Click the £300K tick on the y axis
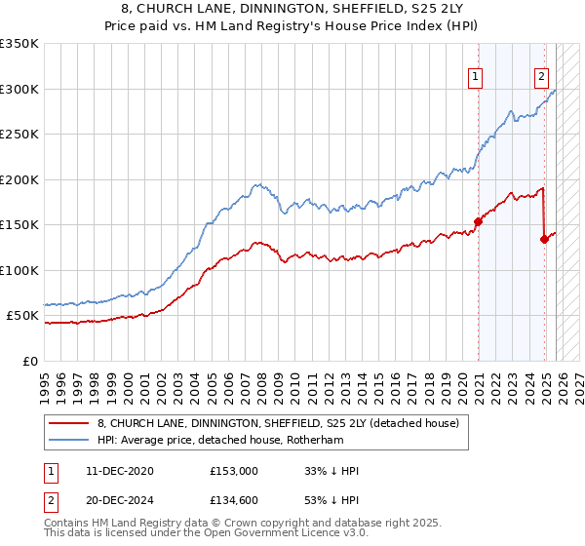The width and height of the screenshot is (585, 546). coord(19,89)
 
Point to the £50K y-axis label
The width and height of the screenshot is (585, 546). coord(21,316)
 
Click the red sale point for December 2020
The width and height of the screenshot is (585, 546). coord(478,221)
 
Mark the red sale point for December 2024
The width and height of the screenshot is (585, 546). coord(544,239)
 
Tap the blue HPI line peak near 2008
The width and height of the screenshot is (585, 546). coord(256,183)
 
